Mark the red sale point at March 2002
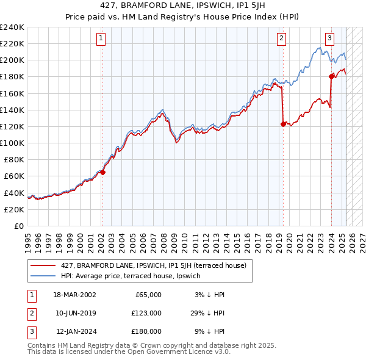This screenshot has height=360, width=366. (102, 172)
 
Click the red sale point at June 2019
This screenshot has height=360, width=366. (283, 124)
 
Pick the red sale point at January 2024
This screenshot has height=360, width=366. (331, 77)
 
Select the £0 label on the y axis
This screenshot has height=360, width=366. (20, 226)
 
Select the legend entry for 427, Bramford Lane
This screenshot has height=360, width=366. (153, 265)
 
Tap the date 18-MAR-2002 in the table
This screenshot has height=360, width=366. (74, 295)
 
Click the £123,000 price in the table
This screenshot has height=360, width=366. (146, 313)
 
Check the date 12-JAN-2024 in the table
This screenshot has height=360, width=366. (75, 332)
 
